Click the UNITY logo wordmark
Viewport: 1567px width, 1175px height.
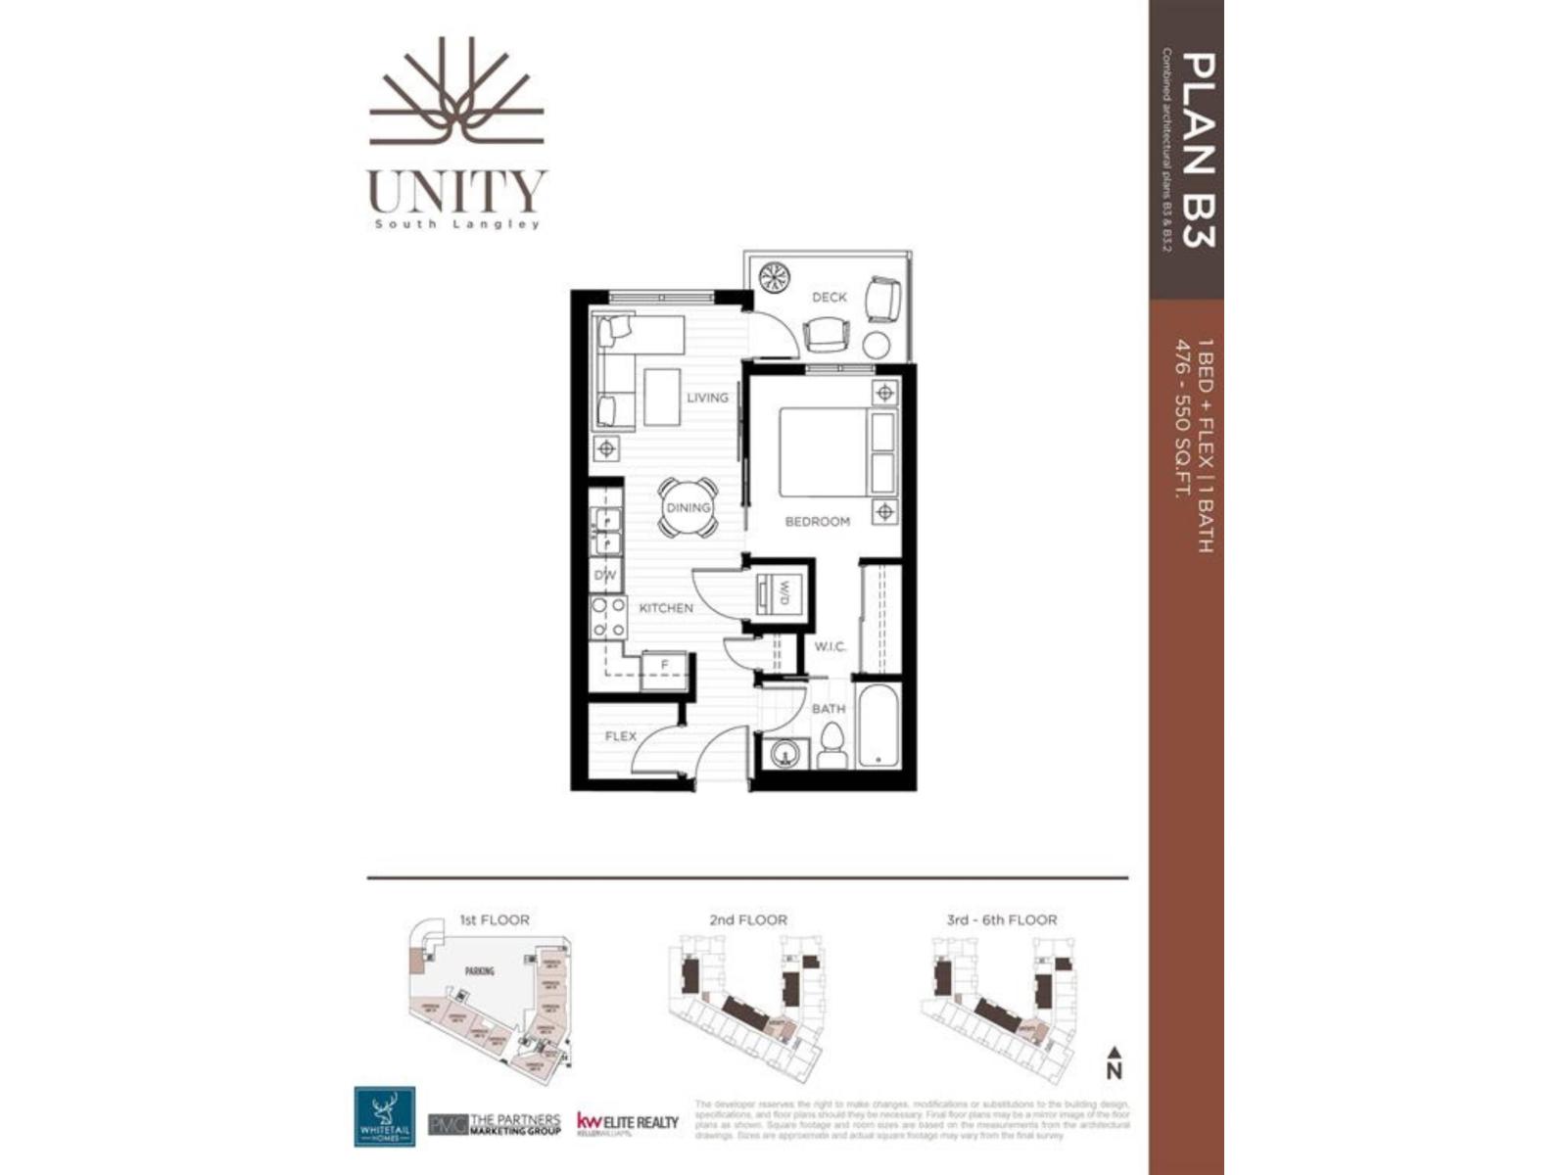point(457,191)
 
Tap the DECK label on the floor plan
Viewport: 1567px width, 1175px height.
point(829,297)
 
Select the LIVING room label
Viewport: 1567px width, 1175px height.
point(707,398)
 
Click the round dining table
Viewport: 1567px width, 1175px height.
point(688,507)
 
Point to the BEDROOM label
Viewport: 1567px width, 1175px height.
point(817,522)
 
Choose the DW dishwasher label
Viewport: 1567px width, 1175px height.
point(605,575)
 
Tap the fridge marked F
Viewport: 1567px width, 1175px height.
point(664,667)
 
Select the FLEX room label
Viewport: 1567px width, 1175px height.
point(620,736)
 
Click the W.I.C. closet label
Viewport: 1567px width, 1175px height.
point(830,647)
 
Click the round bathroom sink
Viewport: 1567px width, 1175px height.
point(784,754)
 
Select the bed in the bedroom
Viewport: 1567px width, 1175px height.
point(836,451)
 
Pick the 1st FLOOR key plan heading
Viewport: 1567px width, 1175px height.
point(494,920)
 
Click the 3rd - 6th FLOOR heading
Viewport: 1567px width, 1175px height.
point(1002,920)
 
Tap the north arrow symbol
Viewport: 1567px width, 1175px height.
point(1114,1062)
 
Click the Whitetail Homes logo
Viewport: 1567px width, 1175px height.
point(384,1115)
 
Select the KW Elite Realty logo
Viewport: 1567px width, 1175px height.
point(627,1122)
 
